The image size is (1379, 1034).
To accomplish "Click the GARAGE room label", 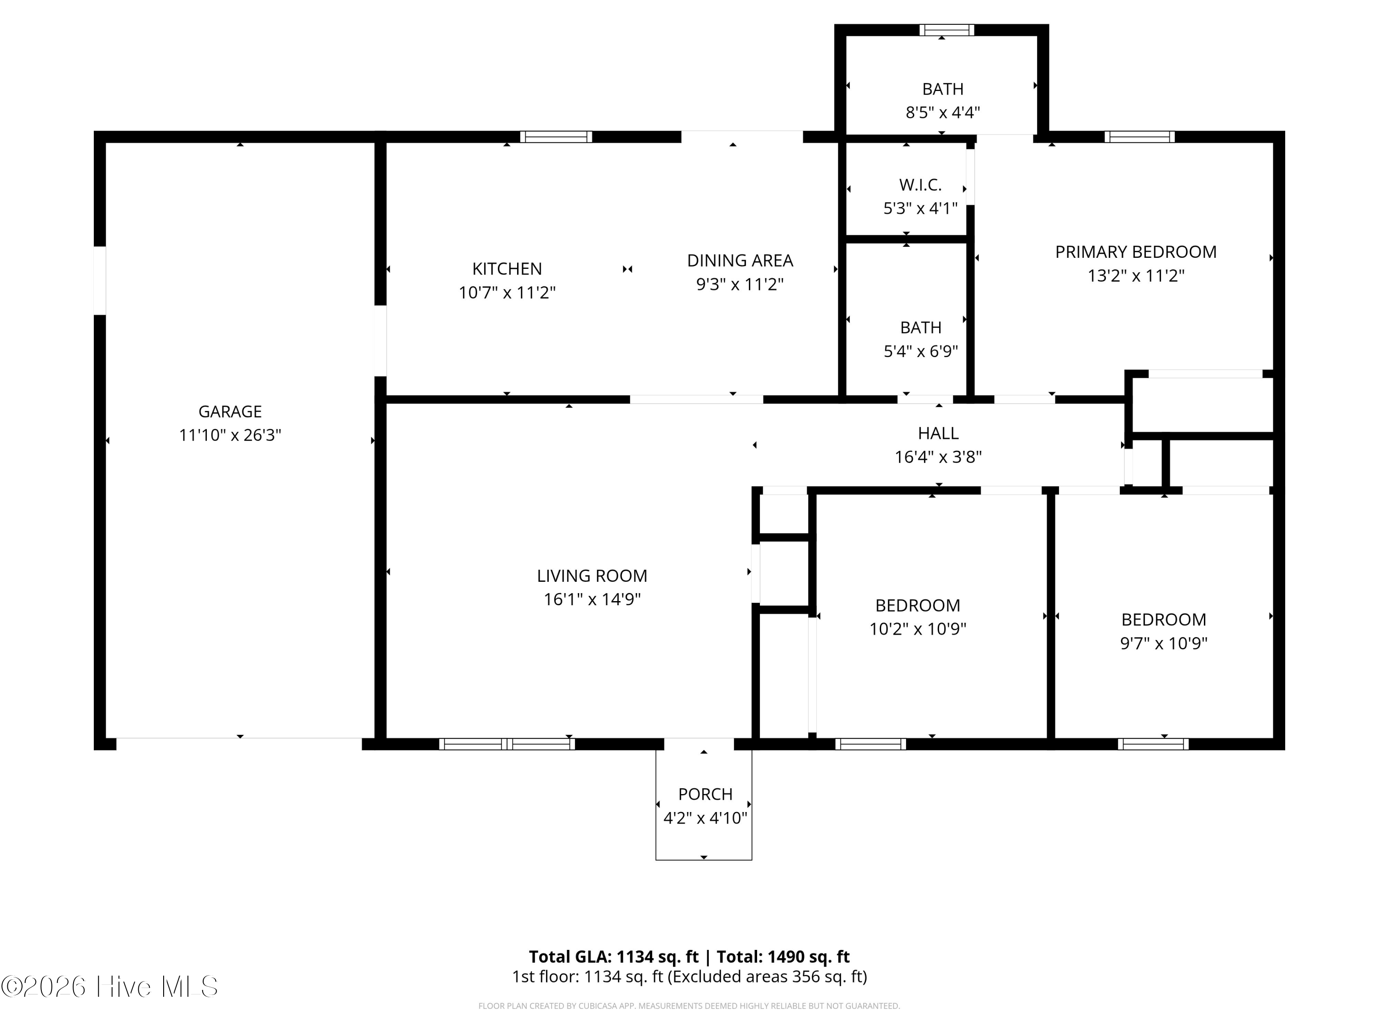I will coord(229,411).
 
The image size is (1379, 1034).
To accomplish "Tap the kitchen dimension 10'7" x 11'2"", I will coord(507,292).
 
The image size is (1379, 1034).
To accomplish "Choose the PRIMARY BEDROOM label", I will coord(1135,252).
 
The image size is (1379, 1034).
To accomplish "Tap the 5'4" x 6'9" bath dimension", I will coord(920,352).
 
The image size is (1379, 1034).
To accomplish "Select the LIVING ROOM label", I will coord(592,576).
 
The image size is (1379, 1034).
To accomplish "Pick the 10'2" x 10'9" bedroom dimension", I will coord(917,629).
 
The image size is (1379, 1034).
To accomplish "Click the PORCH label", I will coord(705,794).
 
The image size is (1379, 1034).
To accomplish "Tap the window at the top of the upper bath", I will coord(946,30).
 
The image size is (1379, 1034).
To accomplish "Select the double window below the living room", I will coord(507,744).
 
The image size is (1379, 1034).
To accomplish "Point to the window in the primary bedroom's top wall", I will coord(1139,136).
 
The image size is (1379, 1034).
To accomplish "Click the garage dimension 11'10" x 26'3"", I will coord(229,435).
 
